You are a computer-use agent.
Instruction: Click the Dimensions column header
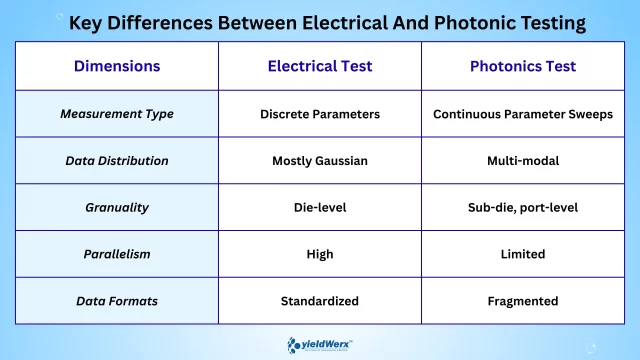[117, 67]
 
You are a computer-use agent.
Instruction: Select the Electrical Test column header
[320, 67]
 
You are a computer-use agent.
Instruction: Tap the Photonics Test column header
[523, 67]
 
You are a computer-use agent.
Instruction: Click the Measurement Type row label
[117, 114]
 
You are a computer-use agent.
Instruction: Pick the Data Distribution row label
[117, 161]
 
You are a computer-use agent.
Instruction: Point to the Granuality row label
[117, 208]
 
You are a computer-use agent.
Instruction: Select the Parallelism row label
[117, 254]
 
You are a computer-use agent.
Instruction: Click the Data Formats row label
[117, 301]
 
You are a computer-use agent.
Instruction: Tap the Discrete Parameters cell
[320, 114]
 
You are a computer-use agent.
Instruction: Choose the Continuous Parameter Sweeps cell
[523, 114]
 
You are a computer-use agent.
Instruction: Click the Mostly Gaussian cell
[320, 161]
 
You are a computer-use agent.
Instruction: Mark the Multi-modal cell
[523, 161]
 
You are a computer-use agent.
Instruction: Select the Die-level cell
[320, 208]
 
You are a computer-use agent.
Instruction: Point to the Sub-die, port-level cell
[523, 208]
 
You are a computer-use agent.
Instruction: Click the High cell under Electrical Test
[320, 254]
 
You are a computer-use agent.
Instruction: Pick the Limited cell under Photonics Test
[523, 254]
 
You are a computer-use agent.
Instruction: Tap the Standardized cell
[320, 301]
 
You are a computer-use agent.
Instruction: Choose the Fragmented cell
[523, 301]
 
